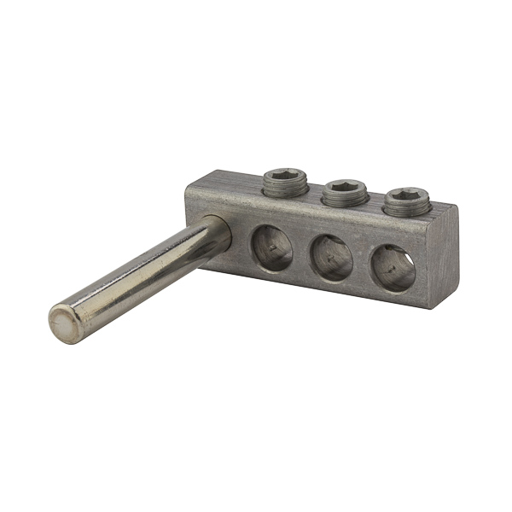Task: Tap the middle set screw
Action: (x=344, y=192)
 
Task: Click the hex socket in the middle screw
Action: (x=344, y=187)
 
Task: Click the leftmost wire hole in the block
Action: (x=271, y=247)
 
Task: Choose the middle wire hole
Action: (x=330, y=256)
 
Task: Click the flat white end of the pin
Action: (x=61, y=324)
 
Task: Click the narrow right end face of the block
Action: (x=443, y=256)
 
